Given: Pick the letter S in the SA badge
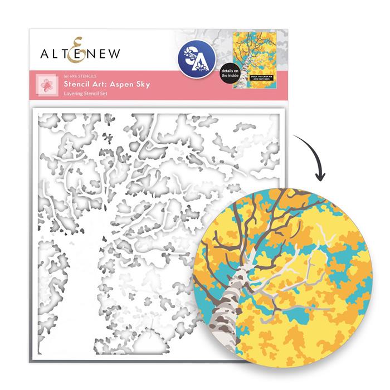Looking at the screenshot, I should tap(191, 56).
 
